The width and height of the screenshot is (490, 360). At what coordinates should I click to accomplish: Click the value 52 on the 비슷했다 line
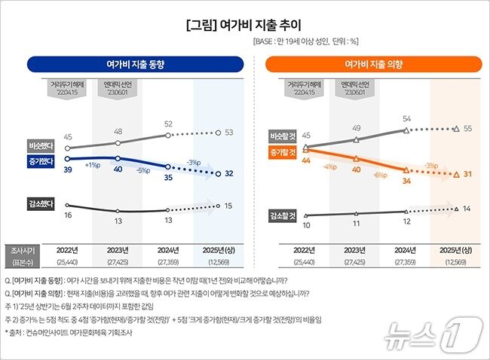click(x=168, y=124)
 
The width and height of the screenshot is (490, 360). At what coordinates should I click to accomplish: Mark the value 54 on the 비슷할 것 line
click(x=406, y=119)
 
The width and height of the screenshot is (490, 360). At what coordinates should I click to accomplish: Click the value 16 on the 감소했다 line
click(x=68, y=215)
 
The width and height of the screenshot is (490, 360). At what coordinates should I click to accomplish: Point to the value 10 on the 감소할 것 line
click(x=306, y=225)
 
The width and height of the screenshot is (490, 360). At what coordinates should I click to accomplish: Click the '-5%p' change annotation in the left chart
click(x=142, y=169)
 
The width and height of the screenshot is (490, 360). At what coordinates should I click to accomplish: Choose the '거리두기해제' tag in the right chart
click(x=306, y=88)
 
